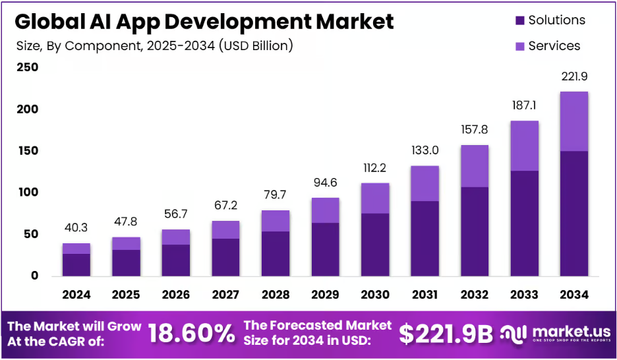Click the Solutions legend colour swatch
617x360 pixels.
520,20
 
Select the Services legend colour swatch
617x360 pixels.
520,46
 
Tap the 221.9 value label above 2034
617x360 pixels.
573,77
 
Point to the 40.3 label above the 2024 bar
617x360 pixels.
76,229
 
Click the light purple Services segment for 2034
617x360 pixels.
573,121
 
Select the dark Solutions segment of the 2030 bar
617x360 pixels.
374,245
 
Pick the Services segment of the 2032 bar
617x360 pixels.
474,166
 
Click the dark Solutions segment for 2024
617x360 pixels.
76,264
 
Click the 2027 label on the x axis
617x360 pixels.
225,294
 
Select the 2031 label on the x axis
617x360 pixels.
424,294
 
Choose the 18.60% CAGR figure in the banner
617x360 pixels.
191,333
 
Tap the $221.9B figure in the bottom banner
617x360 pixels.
446,334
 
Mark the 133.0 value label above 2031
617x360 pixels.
425,151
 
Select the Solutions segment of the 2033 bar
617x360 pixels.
524,224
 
